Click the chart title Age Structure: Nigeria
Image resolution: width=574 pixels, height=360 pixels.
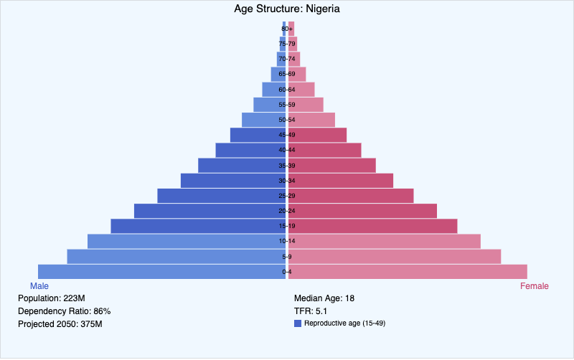(287, 9)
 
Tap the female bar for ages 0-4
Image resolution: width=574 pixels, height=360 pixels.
(409, 272)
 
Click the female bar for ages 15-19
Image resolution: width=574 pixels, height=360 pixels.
(373, 226)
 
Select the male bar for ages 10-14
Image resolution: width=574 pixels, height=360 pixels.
(187, 241)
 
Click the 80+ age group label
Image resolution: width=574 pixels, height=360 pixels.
(287, 29)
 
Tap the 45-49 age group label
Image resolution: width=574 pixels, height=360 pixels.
(287, 135)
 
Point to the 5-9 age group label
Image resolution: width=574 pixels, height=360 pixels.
(287, 257)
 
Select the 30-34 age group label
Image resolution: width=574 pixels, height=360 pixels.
(287, 181)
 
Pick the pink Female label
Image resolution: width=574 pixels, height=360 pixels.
(534, 286)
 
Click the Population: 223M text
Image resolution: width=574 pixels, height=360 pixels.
(52, 298)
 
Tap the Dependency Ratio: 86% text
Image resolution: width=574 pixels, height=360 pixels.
(64, 311)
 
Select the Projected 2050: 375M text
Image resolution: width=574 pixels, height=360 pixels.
(60, 324)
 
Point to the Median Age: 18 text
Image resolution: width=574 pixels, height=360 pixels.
(325, 298)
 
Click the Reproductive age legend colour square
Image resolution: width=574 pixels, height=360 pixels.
(298, 323)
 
